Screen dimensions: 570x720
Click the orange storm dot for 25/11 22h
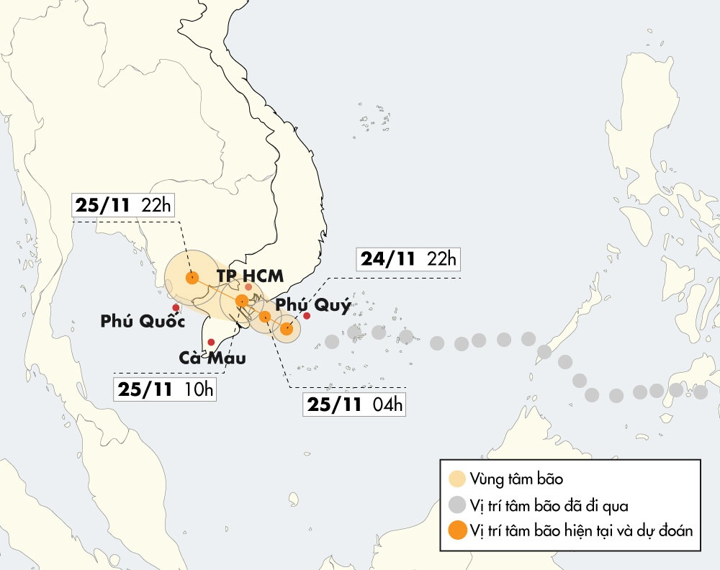[192, 278]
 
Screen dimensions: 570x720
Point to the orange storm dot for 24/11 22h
[287, 329]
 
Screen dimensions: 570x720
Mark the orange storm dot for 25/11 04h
[265, 317]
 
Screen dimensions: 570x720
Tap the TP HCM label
[250, 276]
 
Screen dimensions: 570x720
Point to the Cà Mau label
[212, 358]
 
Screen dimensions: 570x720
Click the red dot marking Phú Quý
[307, 316]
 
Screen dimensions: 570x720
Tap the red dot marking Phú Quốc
[176, 307]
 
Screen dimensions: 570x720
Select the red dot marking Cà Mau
[211, 343]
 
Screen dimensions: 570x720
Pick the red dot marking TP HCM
[248, 287]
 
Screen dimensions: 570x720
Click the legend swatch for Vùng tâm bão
[456, 479]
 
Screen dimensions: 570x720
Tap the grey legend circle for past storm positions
[456, 505]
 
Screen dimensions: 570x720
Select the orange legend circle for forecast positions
[456, 531]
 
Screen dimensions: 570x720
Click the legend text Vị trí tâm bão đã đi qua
[550, 505]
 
